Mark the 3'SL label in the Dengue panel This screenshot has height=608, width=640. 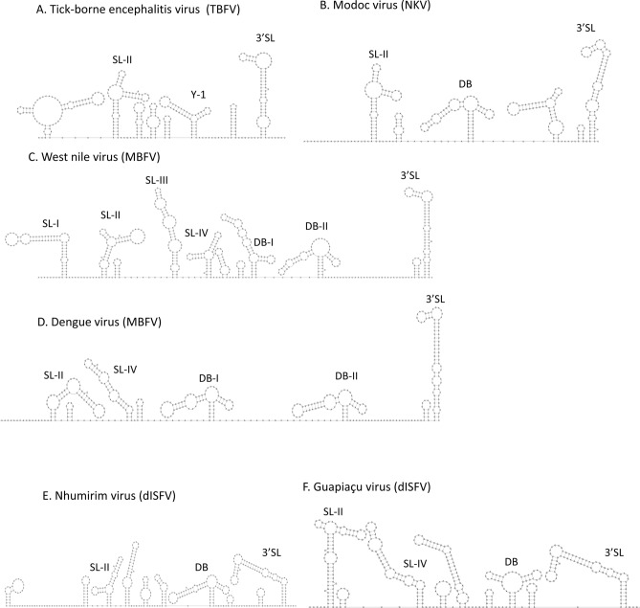pos(437,301)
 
